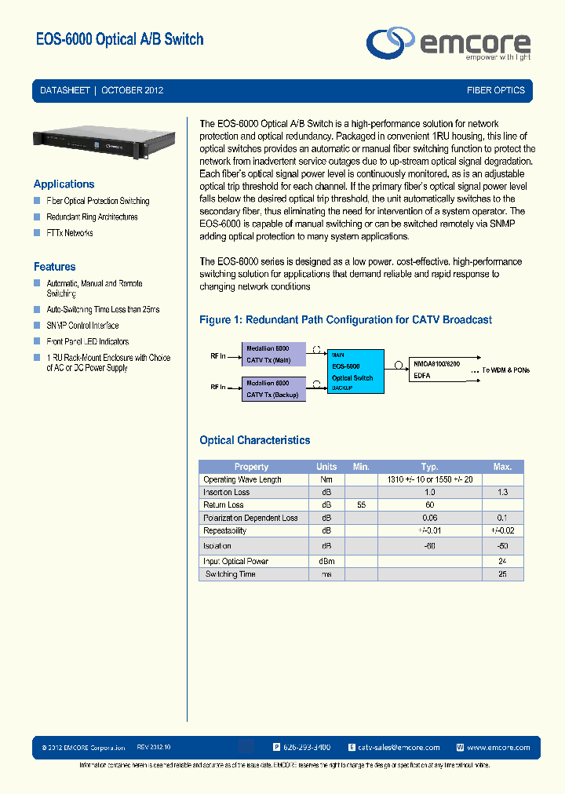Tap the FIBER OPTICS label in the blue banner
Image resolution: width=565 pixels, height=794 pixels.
click(x=495, y=90)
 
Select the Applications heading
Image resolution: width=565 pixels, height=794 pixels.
click(x=64, y=184)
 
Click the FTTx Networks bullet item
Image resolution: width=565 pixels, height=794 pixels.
click(x=69, y=233)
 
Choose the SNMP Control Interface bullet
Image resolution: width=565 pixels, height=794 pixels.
click(x=82, y=326)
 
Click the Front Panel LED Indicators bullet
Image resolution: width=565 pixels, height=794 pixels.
click(x=87, y=341)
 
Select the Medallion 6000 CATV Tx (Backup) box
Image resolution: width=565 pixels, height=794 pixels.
click(x=272, y=389)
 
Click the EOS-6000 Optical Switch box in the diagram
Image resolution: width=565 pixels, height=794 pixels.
click(x=355, y=372)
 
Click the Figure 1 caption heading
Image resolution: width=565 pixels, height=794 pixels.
click(x=345, y=319)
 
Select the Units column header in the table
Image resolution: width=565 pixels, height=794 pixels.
click(x=326, y=467)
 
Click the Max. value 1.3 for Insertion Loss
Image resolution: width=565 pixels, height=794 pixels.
click(x=502, y=492)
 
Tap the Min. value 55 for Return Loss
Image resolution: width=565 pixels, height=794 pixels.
click(x=361, y=505)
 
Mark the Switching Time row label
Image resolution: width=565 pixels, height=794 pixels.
click(x=230, y=574)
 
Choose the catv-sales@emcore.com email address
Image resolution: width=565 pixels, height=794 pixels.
click(x=399, y=748)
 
